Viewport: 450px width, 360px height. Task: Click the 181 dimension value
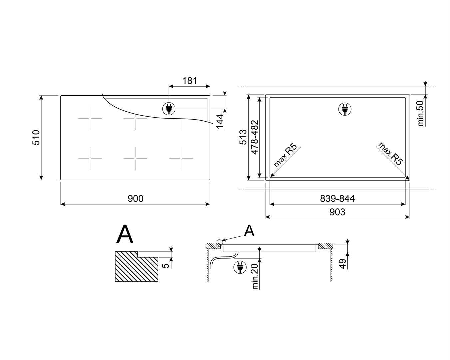(x=190, y=81)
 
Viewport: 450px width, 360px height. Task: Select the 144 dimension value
(x=220, y=121)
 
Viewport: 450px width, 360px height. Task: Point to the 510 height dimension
(x=36, y=138)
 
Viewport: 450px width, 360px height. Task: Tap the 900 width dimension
(x=136, y=198)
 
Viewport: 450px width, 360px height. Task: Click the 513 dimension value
(x=243, y=137)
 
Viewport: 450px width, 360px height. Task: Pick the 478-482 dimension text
(x=255, y=137)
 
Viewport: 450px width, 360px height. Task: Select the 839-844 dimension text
(x=337, y=198)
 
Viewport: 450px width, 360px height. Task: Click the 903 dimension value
(x=337, y=212)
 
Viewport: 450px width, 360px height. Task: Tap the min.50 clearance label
(x=420, y=113)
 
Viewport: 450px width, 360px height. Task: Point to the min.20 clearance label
(x=255, y=276)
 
